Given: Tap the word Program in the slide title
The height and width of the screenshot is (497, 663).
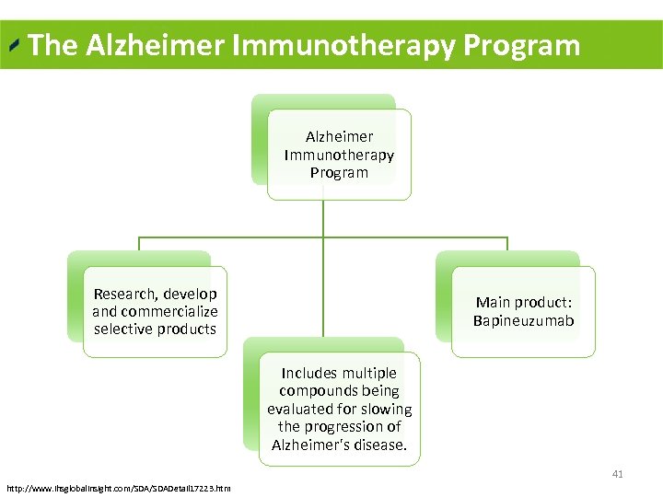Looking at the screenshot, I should tap(522, 45).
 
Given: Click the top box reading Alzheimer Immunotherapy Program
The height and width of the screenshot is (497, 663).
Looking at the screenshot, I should tap(339, 155).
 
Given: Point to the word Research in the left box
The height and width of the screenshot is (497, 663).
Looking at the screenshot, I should tap(125, 294).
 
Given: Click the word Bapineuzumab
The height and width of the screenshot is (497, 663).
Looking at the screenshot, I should tap(523, 320).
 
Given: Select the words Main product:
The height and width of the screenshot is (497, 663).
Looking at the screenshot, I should tap(523, 302).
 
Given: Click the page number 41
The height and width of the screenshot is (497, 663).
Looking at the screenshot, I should tap(617, 474).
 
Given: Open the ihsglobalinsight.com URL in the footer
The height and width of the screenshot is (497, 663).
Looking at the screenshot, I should tap(118, 487).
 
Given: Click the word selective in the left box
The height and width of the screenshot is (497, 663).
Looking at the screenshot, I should tap(122, 329).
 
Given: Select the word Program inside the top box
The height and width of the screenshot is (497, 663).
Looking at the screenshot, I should tap(339, 172).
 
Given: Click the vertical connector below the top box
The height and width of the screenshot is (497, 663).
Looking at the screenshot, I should tap(323, 219).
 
